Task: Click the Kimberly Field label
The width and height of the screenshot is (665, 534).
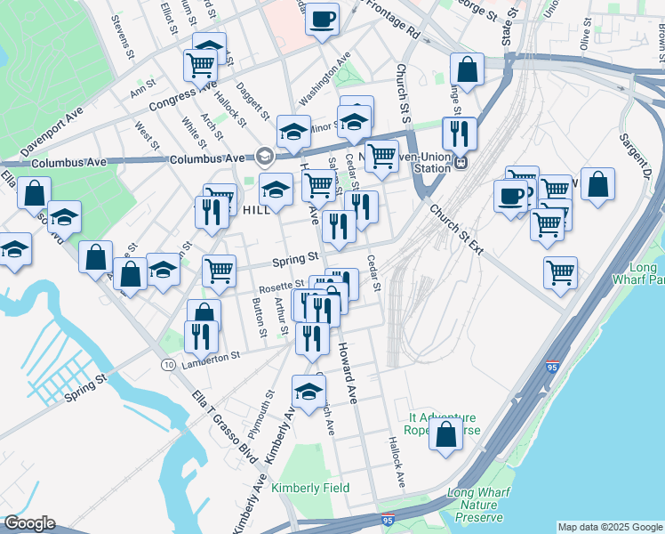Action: [310, 488]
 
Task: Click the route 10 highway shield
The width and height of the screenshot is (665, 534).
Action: [167, 366]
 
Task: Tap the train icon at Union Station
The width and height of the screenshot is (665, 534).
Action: [461, 163]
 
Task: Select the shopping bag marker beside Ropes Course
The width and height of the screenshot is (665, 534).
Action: [445, 435]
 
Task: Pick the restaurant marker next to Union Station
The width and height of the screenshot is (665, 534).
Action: [459, 134]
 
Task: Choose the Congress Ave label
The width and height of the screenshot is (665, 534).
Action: [182, 97]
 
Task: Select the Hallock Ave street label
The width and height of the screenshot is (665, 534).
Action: [397, 461]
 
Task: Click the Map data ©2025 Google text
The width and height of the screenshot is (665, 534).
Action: [609, 527]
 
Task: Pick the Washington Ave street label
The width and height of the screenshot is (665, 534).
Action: [325, 81]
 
